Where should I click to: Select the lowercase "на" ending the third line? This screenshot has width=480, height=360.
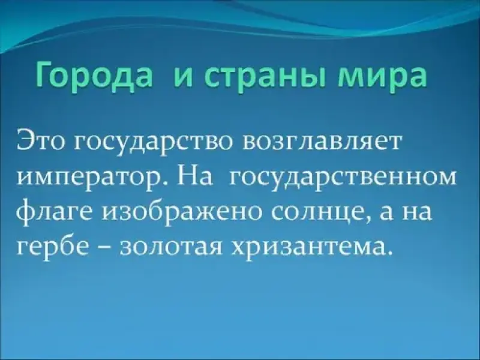(x=416, y=213)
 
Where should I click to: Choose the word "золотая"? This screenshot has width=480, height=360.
(x=172, y=247)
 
